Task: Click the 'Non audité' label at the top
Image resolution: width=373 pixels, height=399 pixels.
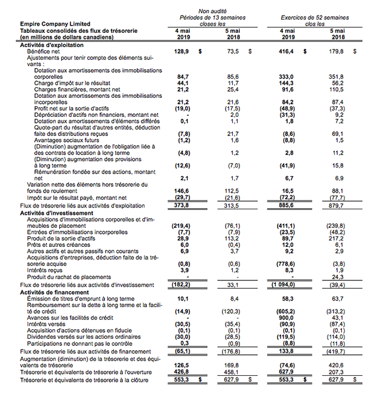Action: point(212,11)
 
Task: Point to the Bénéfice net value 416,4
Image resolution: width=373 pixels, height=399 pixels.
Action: point(286,52)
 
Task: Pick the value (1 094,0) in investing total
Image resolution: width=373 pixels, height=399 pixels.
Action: point(285,284)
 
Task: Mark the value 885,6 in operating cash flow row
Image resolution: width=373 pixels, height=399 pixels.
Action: point(286,205)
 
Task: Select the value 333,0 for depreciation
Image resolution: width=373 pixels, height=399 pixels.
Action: point(286,77)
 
